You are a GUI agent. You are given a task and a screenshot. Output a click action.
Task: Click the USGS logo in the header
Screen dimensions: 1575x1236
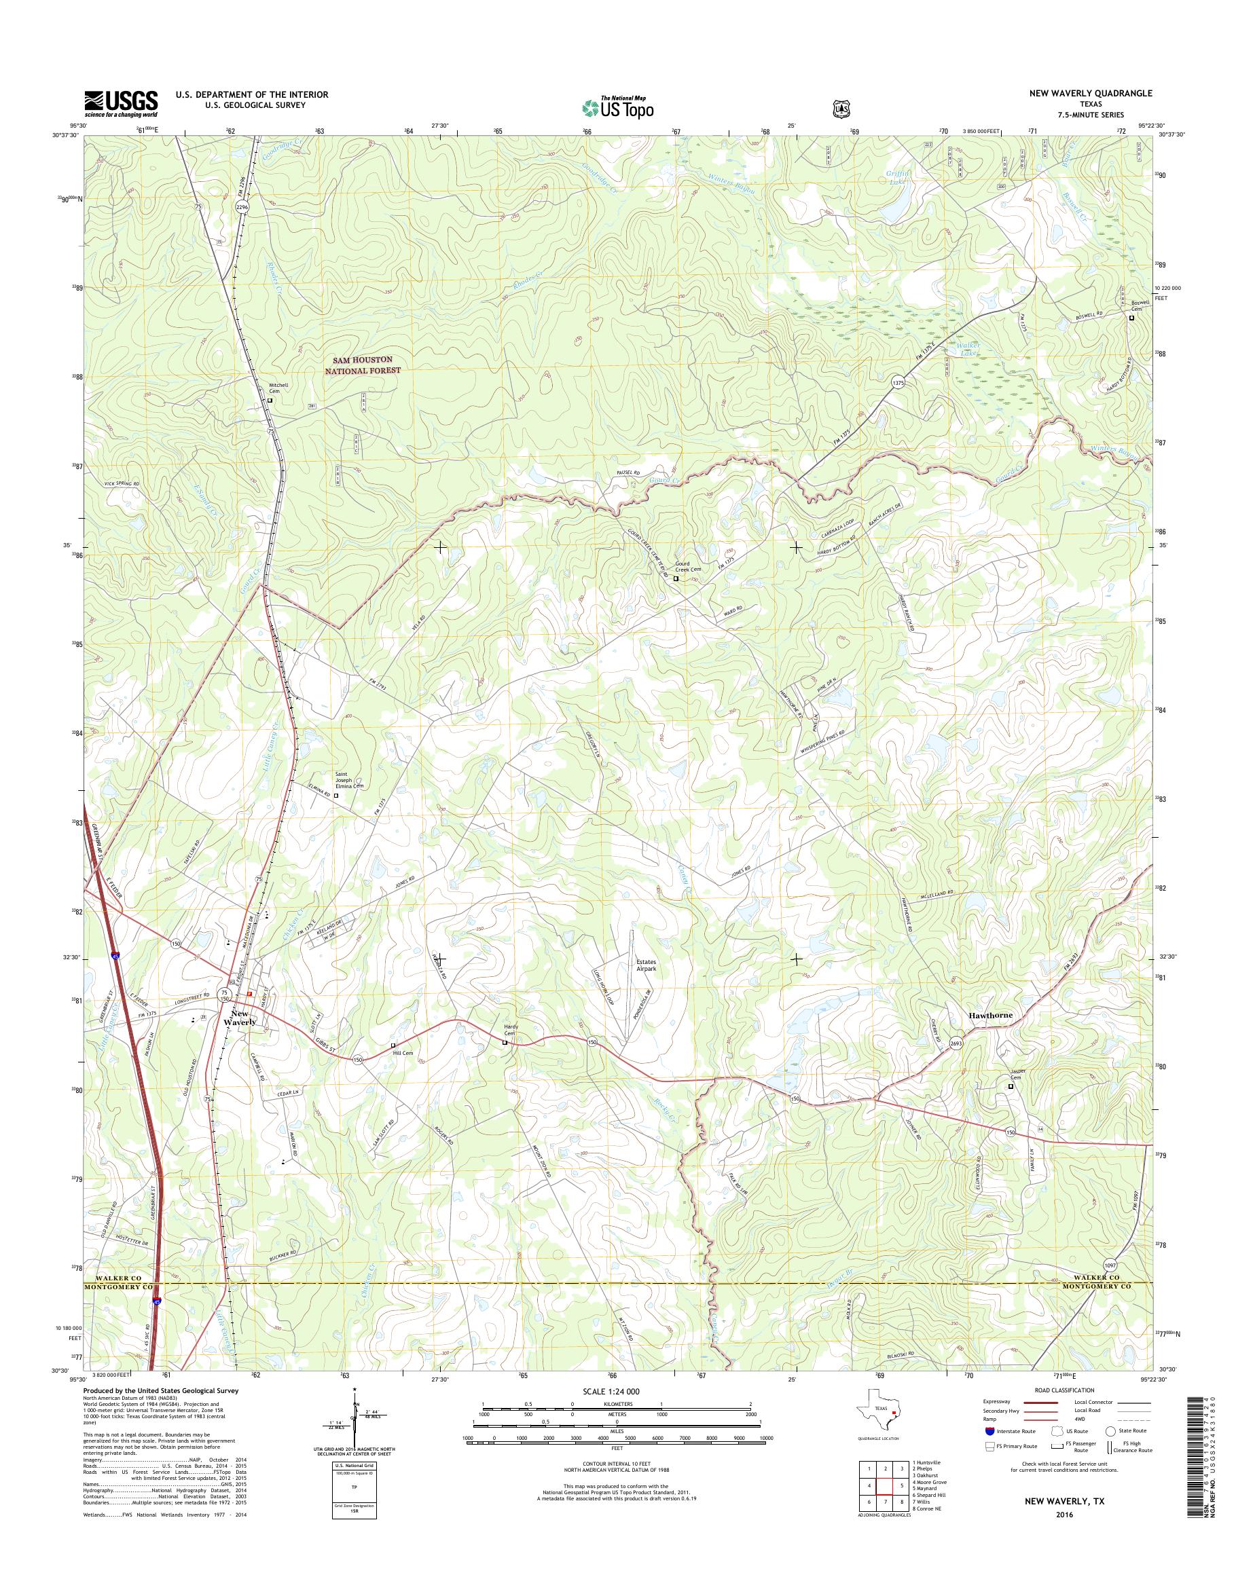click(x=121, y=103)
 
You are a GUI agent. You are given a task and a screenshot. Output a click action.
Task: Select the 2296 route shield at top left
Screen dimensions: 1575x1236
click(x=242, y=207)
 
